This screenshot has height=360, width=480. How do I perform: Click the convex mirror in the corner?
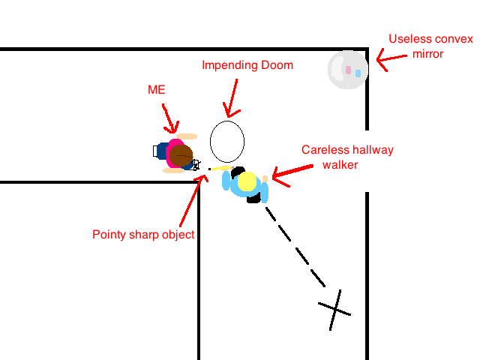click(347, 70)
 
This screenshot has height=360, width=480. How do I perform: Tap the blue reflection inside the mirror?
click(358, 73)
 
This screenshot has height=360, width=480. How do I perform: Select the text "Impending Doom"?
click(247, 65)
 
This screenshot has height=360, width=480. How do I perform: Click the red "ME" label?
click(156, 90)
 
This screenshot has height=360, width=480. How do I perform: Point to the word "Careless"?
click(324, 150)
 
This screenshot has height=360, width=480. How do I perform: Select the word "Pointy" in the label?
click(108, 235)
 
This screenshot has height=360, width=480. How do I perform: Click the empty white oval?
click(226, 141)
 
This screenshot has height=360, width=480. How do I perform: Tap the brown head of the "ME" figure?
click(181, 156)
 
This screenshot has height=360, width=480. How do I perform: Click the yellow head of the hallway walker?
click(247, 182)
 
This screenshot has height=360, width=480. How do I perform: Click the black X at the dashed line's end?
click(334, 308)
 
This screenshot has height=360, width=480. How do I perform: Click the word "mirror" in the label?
click(429, 54)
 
